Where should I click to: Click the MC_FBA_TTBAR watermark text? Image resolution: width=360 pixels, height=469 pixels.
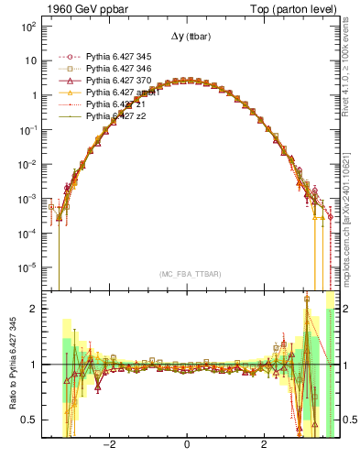[187, 274]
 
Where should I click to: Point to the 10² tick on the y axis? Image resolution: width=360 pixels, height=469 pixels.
[27, 27]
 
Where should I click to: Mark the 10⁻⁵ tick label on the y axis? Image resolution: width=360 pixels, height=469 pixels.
[27, 267]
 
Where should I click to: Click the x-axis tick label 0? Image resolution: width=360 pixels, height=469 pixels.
[187, 446]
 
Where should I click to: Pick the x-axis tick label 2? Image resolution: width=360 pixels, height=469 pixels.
[264, 446]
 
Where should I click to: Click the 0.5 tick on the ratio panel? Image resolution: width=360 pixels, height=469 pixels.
[28, 420]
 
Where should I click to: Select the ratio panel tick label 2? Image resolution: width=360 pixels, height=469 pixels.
[33, 309]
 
